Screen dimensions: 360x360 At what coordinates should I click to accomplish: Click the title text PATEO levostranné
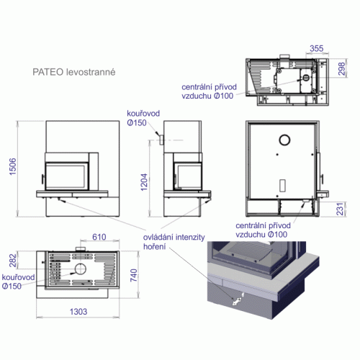pyautogui.click(x=74, y=72)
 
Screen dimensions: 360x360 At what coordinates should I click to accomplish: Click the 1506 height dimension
pyautogui.click(x=12, y=166)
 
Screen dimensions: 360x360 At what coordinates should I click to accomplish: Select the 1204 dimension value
pyautogui.click(x=144, y=182)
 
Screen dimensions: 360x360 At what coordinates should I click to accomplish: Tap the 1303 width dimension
pyautogui.click(x=78, y=312)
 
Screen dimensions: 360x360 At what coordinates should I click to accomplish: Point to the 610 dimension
pyautogui.click(x=99, y=237)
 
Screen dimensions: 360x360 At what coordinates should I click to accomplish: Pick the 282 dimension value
pyautogui.click(x=13, y=261)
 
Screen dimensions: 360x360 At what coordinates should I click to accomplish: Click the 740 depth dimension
pyautogui.click(x=134, y=275)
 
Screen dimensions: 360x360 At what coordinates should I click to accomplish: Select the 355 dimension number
pyautogui.click(x=317, y=48)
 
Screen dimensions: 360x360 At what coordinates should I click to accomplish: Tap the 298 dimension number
pyautogui.click(x=341, y=68)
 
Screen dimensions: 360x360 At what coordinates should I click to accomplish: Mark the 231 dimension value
pyautogui.click(x=340, y=209)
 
